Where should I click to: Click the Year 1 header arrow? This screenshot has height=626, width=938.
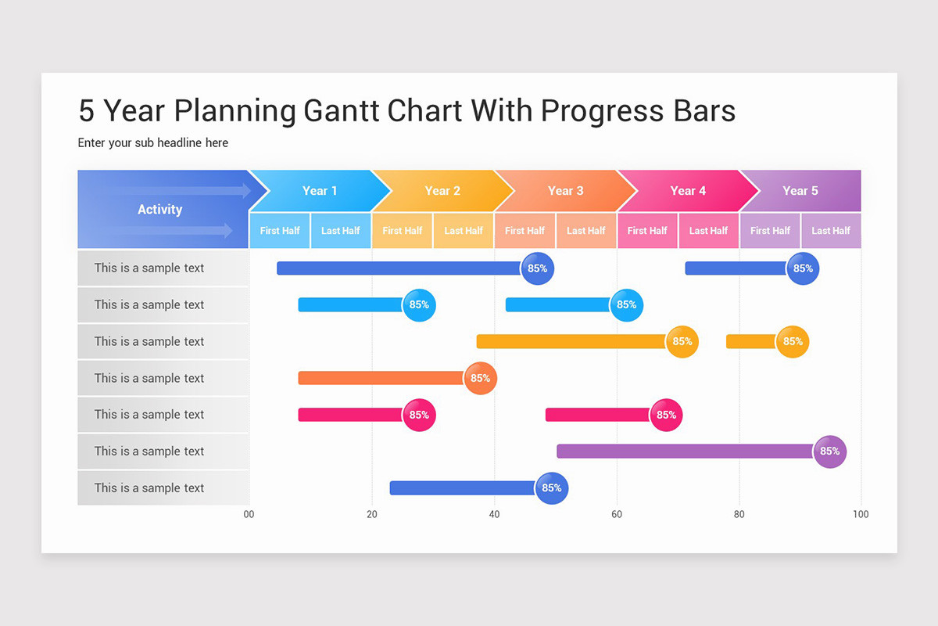tap(320, 191)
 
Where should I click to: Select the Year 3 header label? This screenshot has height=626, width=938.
tap(565, 191)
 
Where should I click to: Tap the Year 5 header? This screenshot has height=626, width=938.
tap(800, 191)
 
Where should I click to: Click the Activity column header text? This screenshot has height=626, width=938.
tap(159, 210)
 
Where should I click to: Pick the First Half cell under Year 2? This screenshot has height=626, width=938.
tap(403, 231)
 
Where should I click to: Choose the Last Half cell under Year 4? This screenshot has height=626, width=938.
tap(709, 231)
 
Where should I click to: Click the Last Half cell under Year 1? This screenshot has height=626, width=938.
tap(341, 231)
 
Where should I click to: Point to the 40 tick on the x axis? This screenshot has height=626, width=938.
tap(494, 514)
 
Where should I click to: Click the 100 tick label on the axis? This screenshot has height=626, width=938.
tap(861, 514)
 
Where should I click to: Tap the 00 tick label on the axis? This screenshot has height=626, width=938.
tap(249, 514)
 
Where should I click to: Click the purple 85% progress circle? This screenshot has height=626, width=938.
tap(829, 452)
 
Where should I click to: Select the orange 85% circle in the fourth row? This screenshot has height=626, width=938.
tap(480, 379)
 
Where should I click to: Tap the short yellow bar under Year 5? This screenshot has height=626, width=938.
tap(751, 342)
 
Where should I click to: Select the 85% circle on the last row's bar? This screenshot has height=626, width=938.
tap(551, 488)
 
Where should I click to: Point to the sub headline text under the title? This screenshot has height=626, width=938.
tap(153, 142)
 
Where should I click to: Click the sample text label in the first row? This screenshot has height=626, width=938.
tap(149, 268)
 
